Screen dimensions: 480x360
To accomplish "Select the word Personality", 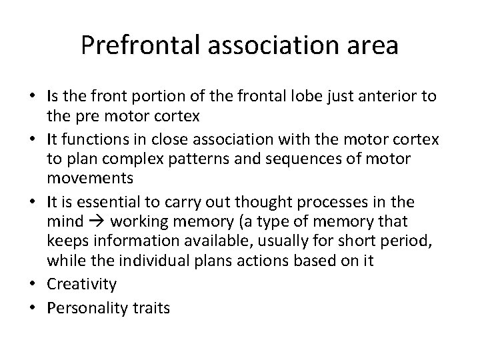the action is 91,309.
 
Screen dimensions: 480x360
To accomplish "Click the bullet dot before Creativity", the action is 39,283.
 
